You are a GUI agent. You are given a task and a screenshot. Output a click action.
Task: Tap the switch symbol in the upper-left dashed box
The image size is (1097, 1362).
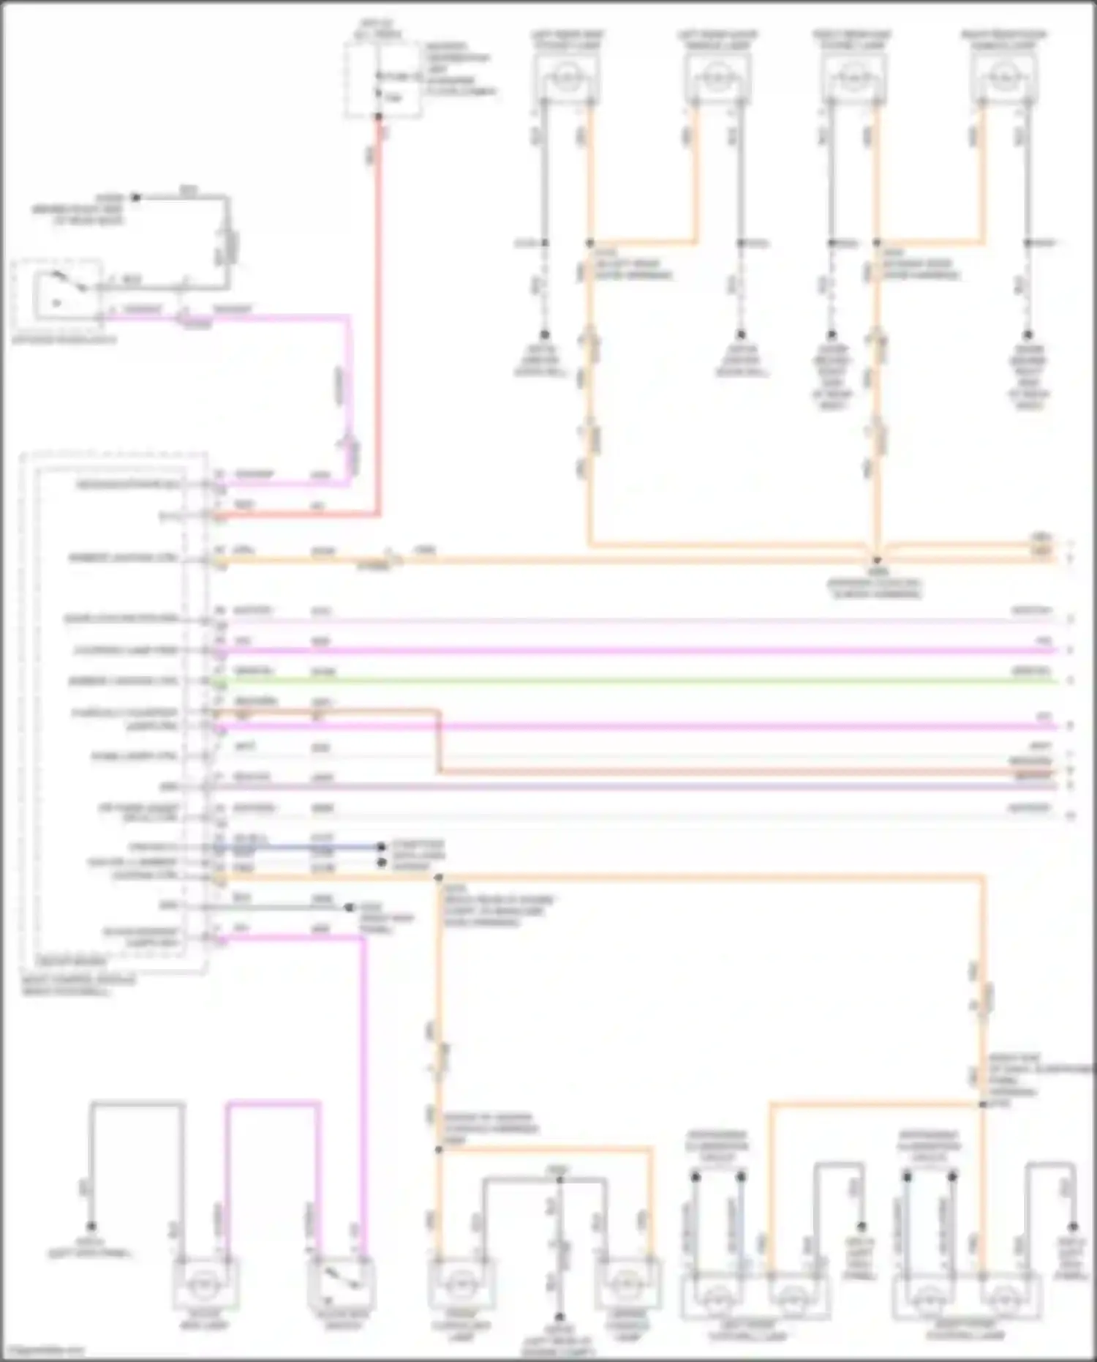[x=59, y=289]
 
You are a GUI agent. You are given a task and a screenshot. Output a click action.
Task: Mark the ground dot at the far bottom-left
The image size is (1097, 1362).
[x=91, y=1227]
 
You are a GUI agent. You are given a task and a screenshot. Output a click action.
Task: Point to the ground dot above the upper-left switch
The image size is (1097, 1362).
[x=135, y=198]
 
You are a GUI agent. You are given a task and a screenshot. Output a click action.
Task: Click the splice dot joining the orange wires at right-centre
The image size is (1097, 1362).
[x=877, y=560]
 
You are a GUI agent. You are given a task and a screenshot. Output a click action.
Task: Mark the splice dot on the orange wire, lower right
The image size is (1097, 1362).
[x=983, y=1104]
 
